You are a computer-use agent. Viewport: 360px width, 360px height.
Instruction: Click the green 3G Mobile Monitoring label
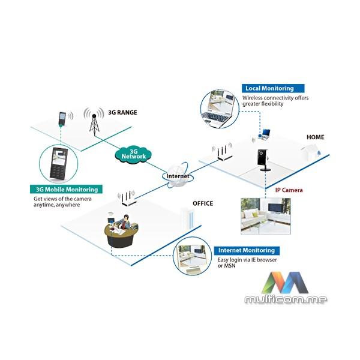coord(66,190)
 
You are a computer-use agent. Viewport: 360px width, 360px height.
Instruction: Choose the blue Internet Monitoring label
coord(246,250)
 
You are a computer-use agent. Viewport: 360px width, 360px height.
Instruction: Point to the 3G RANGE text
coord(123,112)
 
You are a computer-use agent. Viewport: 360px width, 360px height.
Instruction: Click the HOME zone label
coord(315,137)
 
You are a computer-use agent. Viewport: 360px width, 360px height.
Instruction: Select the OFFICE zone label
coord(202,203)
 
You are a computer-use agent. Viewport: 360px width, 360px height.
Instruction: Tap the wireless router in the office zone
coord(127,199)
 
